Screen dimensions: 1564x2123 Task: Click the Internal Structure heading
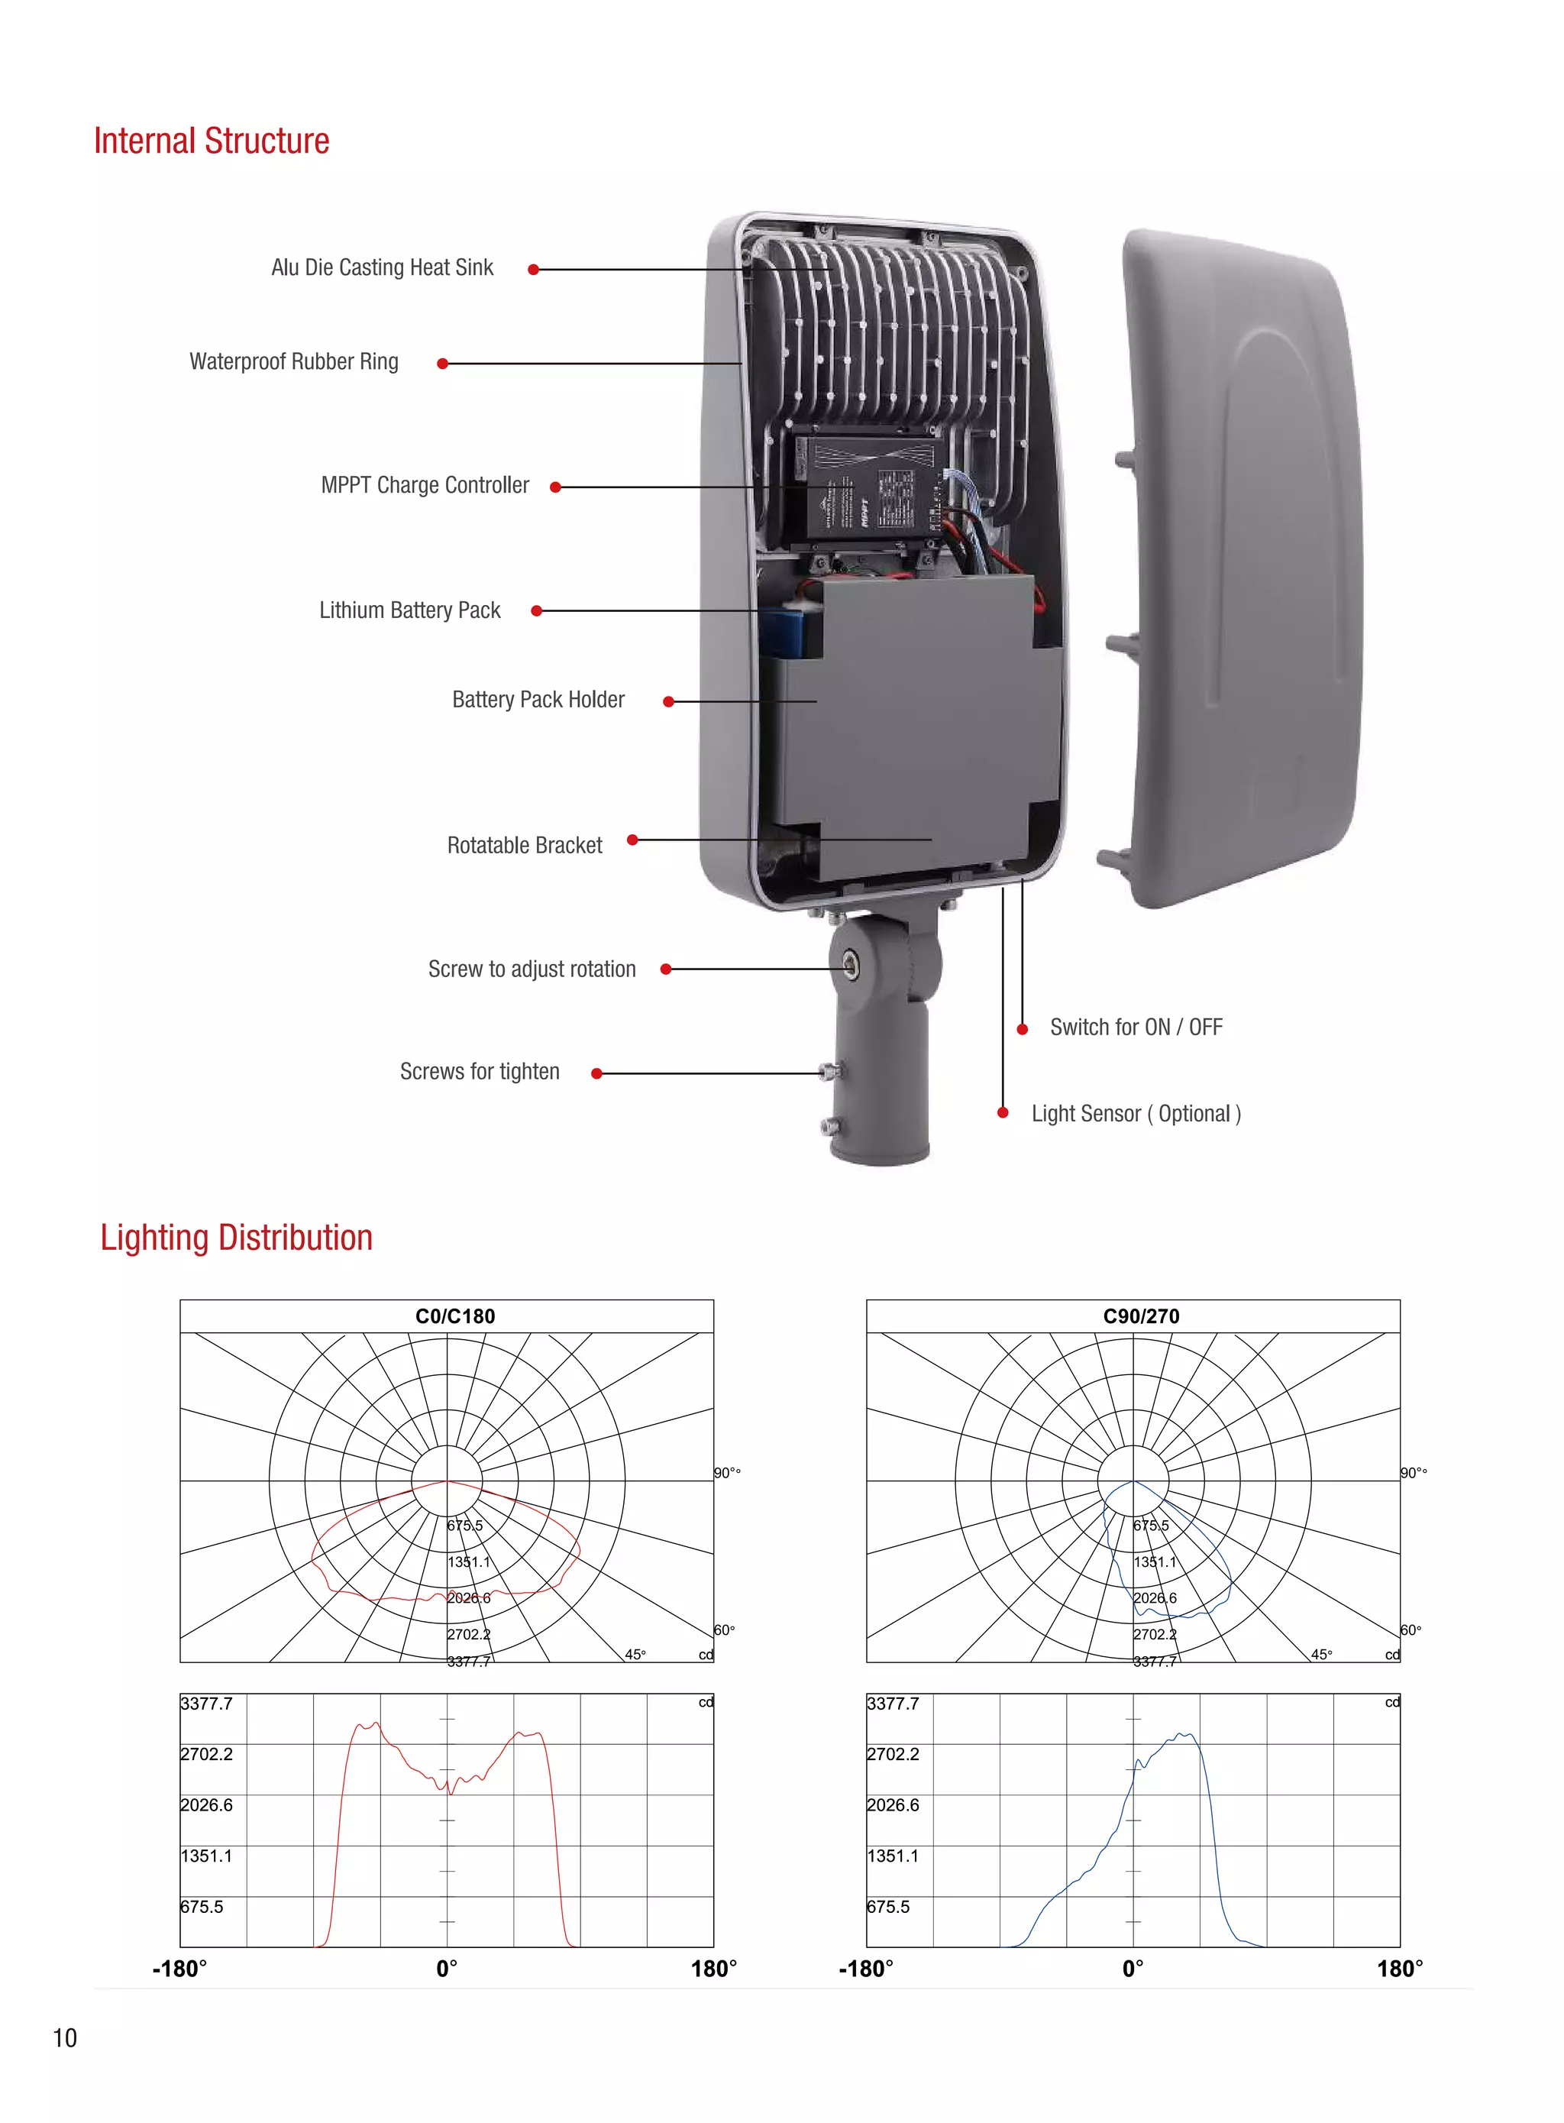tap(211, 141)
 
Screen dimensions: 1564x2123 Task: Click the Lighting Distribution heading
tap(237, 1237)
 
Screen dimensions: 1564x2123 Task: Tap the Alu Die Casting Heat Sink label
tap(382, 268)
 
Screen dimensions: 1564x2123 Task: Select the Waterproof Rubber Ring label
tap(293, 361)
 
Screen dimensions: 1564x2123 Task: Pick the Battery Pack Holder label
tap(538, 700)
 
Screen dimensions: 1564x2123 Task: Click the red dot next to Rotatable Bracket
tap(632, 840)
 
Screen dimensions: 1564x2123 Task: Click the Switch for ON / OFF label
tap(1136, 1028)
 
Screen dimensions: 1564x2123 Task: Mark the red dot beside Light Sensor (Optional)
tap(1003, 1112)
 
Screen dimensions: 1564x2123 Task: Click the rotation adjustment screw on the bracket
tap(851, 965)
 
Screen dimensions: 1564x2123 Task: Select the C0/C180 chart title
tap(455, 1316)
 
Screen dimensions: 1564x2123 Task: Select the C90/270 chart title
tap(1141, 1316)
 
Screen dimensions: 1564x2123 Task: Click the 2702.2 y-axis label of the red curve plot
tap(206, 1754)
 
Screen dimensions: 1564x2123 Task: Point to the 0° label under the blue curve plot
tap(1133, 1969)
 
